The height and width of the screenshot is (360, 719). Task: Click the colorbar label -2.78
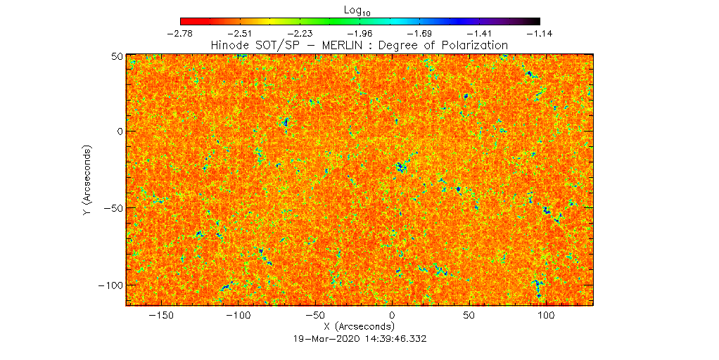click(x=181, y=33)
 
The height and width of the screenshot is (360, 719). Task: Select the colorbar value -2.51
click(x=241, y=33)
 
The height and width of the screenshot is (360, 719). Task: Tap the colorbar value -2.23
click(x=301, y=33)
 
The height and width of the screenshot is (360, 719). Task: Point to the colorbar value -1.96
click(x=361, y=33)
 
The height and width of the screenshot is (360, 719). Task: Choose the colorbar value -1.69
click(x=421, y=33)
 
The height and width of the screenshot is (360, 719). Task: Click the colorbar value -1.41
click(x=481, y=33)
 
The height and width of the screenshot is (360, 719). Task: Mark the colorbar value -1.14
click(x=540, y=33)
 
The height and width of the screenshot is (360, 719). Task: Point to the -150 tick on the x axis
click(x=163, y=316)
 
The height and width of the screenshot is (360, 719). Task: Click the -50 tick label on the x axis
click(x=316, y=316)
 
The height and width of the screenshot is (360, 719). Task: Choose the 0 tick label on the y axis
click(x=120, y=131)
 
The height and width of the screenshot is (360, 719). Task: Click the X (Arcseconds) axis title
click(x=359, y=327)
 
